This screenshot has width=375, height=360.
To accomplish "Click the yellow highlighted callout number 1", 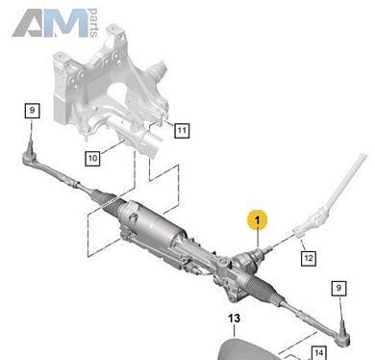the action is (x=257, y=220).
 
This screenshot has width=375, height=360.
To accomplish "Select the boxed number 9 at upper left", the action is (x=32, y=111).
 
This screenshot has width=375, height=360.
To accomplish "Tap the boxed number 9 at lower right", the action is (x=338, y=288).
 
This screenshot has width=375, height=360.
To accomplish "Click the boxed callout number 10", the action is (x=92, y=158).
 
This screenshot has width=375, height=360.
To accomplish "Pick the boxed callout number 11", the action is (x=182, y=131).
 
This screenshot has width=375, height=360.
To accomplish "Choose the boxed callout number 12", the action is (x=308, y=258).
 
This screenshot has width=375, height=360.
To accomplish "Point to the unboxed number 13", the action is (x=234, y=319).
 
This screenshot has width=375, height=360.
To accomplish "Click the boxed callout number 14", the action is (x=318, y=353).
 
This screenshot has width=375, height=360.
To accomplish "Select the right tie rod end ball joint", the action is (x=343, y=338).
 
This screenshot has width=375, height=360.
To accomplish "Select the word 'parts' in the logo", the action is (x=93, y=23).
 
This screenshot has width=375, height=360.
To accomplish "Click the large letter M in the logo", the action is (x=70, y=23).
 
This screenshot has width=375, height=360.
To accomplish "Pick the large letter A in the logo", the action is (x=32, y=23).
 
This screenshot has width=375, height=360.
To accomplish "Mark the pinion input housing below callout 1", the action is (x=246, y=262).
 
